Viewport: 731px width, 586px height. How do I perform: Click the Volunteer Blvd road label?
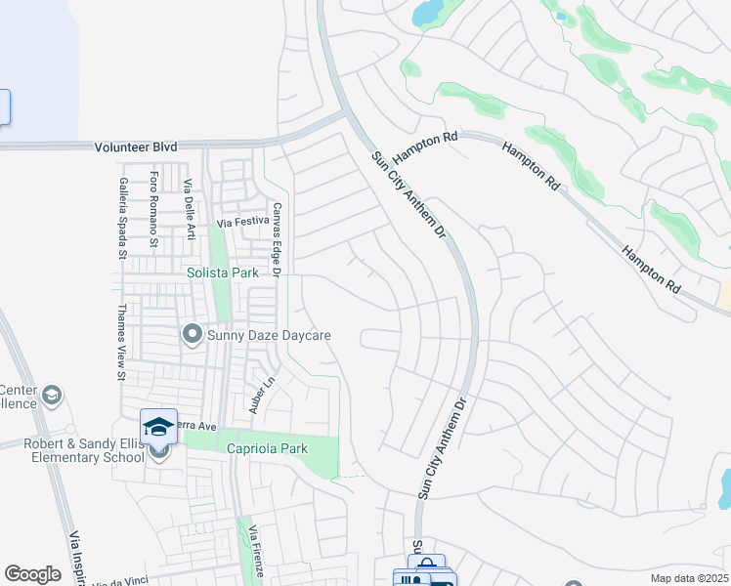(x=136, y=146)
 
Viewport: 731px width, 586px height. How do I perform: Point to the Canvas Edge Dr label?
(x=277, y=239)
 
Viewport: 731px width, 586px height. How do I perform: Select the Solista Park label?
(x=223, y=273)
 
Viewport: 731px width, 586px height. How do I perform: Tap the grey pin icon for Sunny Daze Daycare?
(x=192, y=335)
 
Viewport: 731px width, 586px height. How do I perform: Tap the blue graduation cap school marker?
(x=158, y=426)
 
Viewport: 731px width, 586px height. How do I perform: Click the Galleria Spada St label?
(x=122, y=225)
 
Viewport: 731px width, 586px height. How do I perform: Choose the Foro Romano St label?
(x=154, y=211)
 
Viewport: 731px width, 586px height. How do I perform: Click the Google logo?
(x=32, y=574)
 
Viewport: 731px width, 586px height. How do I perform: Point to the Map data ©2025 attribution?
(x=689, y=578)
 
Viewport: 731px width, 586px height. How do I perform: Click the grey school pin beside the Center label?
(x=52, y=396)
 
